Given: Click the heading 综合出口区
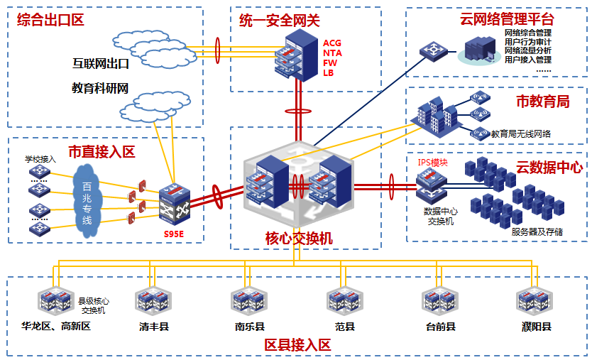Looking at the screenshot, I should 50,20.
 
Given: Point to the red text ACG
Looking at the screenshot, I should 332,43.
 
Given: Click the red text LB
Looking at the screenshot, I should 328,72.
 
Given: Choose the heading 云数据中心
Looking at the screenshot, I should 549,168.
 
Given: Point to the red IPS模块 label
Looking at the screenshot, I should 433,163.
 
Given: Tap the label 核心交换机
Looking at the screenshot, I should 299,238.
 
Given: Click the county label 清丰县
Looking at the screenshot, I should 154,327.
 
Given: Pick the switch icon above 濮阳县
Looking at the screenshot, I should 535,302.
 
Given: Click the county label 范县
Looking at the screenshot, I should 345,327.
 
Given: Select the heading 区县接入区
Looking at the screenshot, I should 298,346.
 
